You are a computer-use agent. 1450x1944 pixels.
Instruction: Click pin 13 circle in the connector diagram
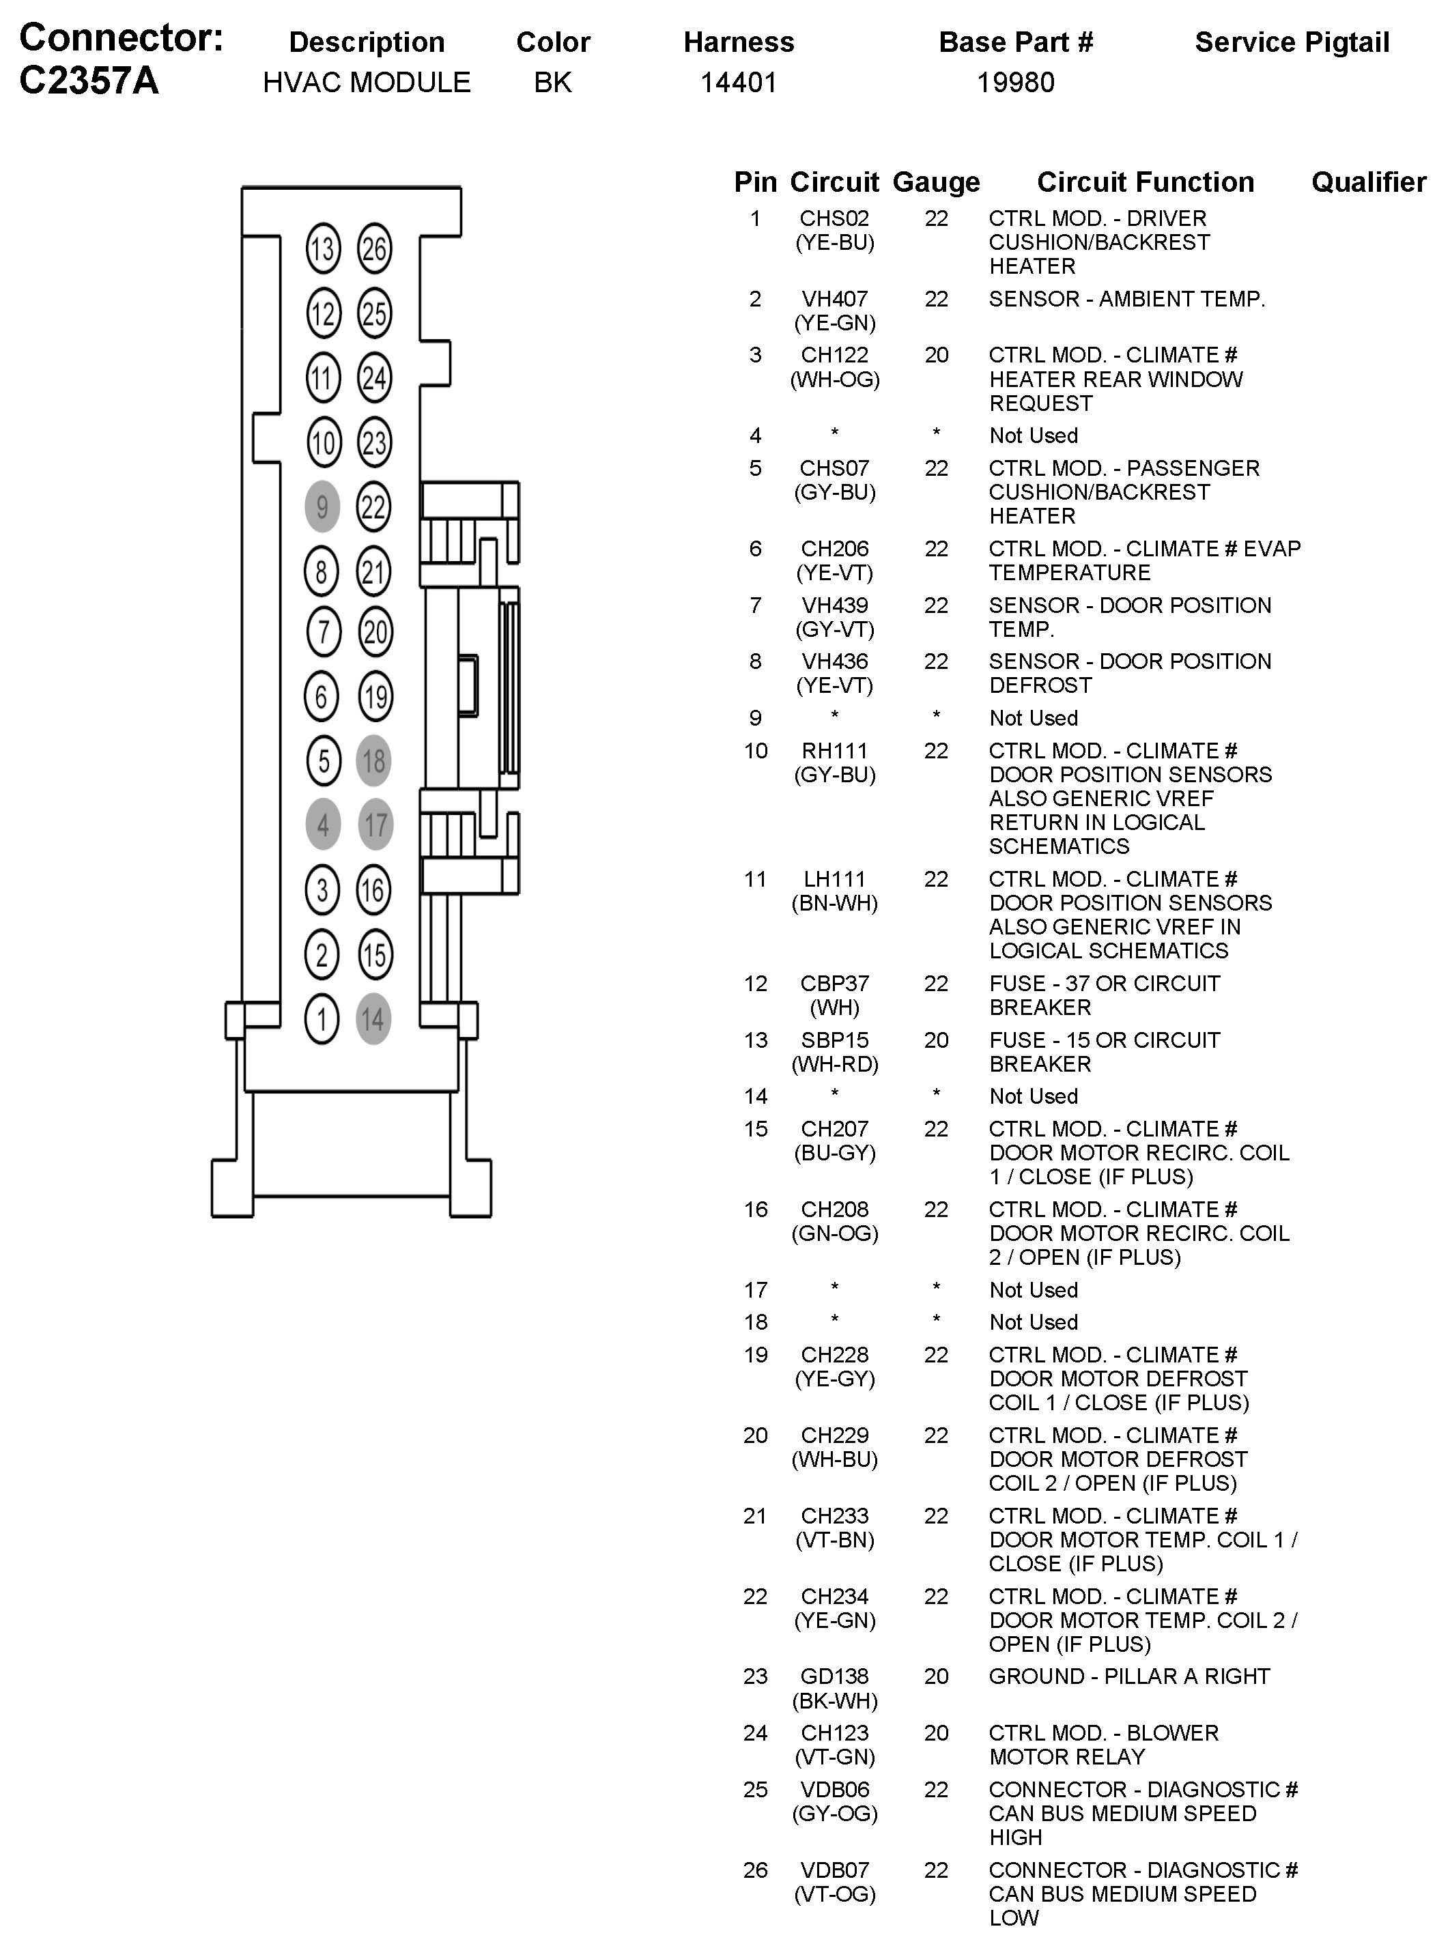(x=322, y=248)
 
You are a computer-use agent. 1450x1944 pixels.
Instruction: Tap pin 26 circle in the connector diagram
(x=374, y=248)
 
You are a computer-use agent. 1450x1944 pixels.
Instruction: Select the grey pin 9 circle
(x=322, y=506)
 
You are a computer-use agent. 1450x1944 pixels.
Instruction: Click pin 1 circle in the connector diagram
(x=322, y=1019)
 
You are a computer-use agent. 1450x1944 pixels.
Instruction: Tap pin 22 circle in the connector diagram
(x=374, y=506)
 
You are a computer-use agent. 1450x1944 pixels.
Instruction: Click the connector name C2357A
(x=89, y=81)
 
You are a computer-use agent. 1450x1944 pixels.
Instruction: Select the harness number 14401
(x=738, y=83)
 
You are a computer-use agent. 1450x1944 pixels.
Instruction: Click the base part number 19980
(x=1016, y=83)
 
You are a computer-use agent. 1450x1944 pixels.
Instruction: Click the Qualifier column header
(x=1368, y=182)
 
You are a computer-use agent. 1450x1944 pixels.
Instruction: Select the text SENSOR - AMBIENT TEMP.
(x=1126, y=299)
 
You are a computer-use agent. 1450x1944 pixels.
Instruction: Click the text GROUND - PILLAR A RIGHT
(x=1128, y=1676)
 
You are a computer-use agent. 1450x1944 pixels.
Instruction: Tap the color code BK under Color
(x=552, y=83)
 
